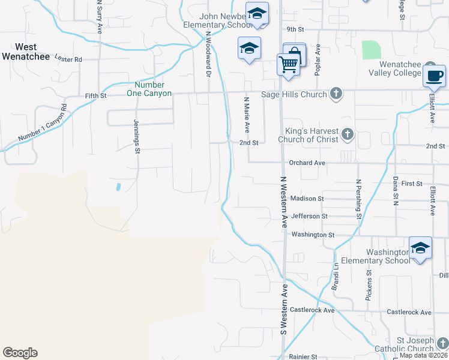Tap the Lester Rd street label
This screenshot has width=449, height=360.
(x=68, y=59)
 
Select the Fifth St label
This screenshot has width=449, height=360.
(x=95, y=95)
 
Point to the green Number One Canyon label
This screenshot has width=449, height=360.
(x=149, y=89)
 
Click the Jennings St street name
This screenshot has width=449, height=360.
(x=137, y=140)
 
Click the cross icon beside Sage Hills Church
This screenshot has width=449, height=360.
(x=336, y=94)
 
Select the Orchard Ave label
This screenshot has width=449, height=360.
(x=307, y=163)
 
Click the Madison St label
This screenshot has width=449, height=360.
(x=307, y=199)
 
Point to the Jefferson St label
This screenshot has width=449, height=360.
(x=309, y=216)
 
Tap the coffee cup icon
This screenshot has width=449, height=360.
(x=434, y=76)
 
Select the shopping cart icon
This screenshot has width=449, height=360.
(x=289, y=63)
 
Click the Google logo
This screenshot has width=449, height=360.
(x=20, y=353)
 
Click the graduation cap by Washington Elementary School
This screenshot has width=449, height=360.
(x=420, y=247)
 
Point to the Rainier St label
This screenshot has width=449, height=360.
(x=302, y=356)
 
